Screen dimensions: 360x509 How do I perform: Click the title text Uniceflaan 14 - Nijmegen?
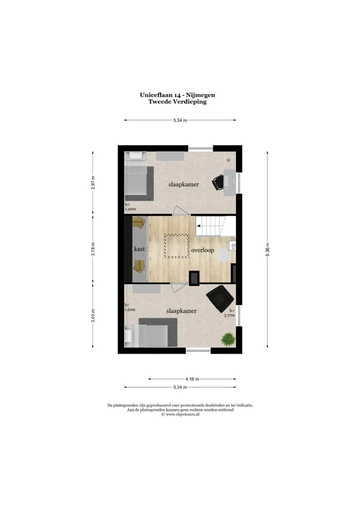tap(177, 95)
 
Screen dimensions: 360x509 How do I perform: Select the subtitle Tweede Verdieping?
tap(177, 101)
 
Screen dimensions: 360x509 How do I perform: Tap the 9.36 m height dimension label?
tap(267, 249)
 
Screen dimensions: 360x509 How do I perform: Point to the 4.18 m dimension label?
tap(192, 379)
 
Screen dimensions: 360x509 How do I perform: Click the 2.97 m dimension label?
tap(93, 183)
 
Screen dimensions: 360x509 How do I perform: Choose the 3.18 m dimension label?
tap(93, 249)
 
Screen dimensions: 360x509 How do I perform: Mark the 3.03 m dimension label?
tap(93, 316)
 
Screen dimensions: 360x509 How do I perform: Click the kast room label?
tap(139, 249)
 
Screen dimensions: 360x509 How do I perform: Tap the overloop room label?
tap(202, 250)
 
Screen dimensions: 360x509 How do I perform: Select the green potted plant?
tap(228, 339)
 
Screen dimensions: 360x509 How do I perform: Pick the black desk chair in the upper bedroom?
tap(218, 182)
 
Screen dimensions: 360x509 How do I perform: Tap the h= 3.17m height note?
tap(230, 312)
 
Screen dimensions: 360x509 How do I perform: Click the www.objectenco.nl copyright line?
tap(180, 414)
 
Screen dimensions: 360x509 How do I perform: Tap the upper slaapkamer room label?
tap(183, 184)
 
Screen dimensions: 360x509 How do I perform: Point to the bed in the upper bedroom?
tap(139, 183)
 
